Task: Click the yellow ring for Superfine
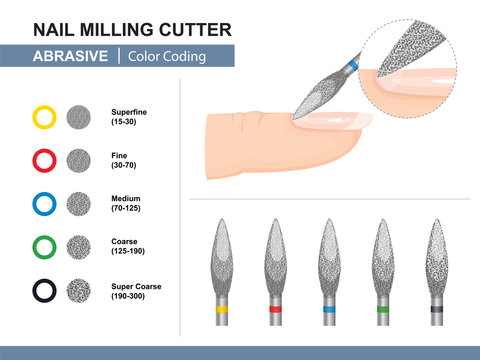tap(44, 117)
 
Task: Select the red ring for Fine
tap(44, 160)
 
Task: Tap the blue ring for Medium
tap(44, 203)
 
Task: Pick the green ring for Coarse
tap(44, 247)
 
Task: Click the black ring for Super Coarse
tap(44, 290)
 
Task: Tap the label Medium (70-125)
tap(126, 203)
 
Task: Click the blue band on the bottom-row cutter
tap(328, 310)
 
